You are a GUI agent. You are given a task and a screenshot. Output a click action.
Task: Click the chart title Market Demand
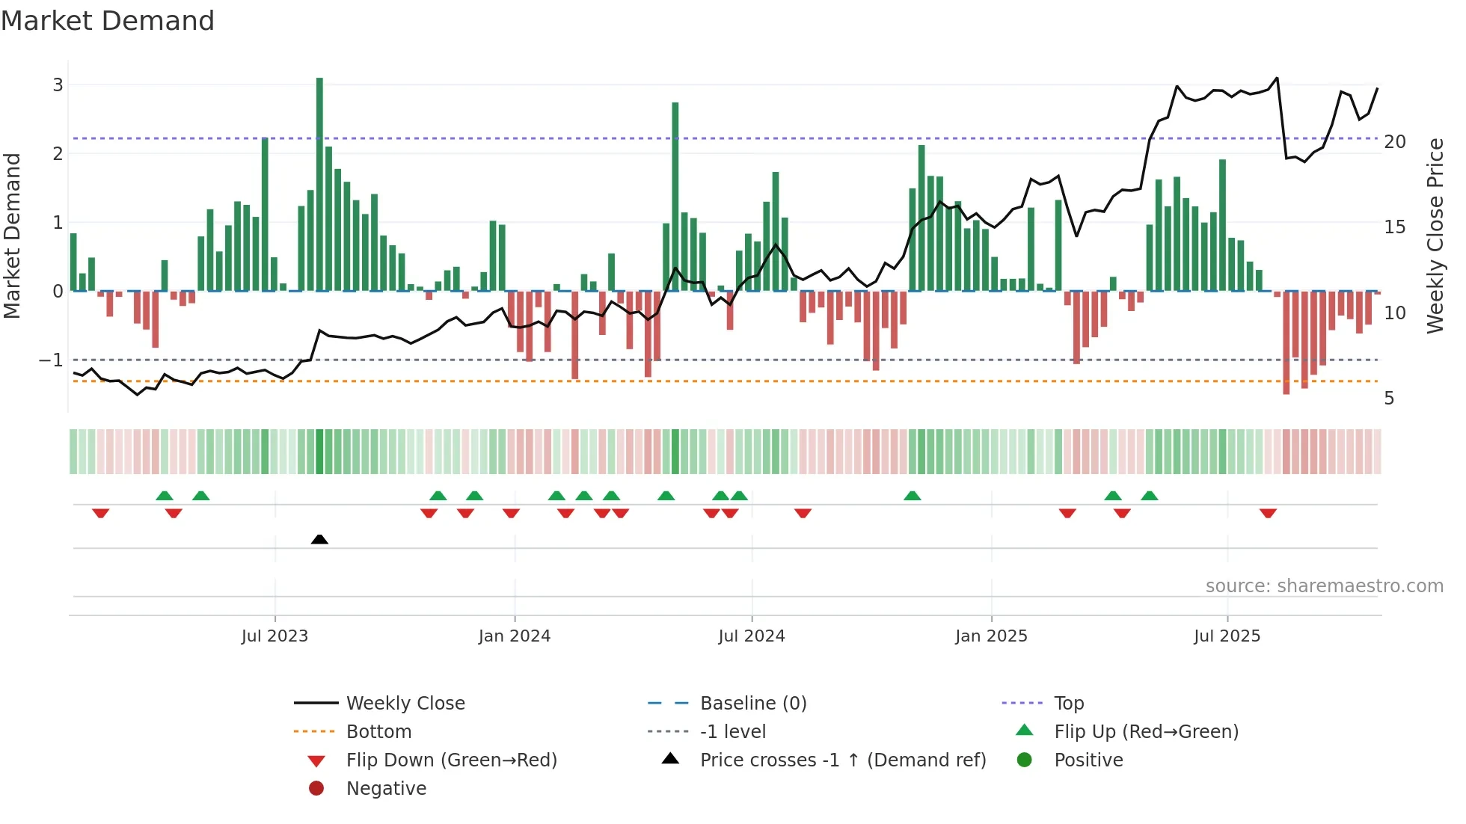(x=108, y=21)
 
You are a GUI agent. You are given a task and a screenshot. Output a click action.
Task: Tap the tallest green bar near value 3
(x=319, y=183)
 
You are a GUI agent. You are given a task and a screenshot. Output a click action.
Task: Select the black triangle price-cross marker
(x=319, y=539)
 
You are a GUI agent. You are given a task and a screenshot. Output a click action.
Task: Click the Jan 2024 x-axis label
(x=515, y=636)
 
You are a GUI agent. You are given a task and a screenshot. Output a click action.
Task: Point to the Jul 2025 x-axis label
(x=1227, y=636)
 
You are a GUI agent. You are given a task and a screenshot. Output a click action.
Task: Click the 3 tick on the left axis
(x=58, y=85)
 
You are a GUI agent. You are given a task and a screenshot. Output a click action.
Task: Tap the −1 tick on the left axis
(x=52, y=360)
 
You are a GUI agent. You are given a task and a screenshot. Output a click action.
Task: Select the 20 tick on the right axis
(x=1395, y=142)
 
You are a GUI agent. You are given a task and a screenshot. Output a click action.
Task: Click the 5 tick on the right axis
(x=1389, y=399)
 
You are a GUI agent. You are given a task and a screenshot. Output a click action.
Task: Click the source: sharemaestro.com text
(x=1324, y=586)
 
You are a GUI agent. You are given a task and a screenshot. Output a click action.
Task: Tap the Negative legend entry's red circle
(x=316, y=789)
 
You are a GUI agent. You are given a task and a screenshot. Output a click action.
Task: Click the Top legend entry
(x=1069, y=704)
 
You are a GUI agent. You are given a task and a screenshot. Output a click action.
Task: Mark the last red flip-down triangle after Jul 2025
(x=1268, y=513)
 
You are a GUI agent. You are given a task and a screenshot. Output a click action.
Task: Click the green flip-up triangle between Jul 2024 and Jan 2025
(x=913, y=496)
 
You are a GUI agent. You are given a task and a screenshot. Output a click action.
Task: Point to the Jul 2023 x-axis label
(x=275, y=636)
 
